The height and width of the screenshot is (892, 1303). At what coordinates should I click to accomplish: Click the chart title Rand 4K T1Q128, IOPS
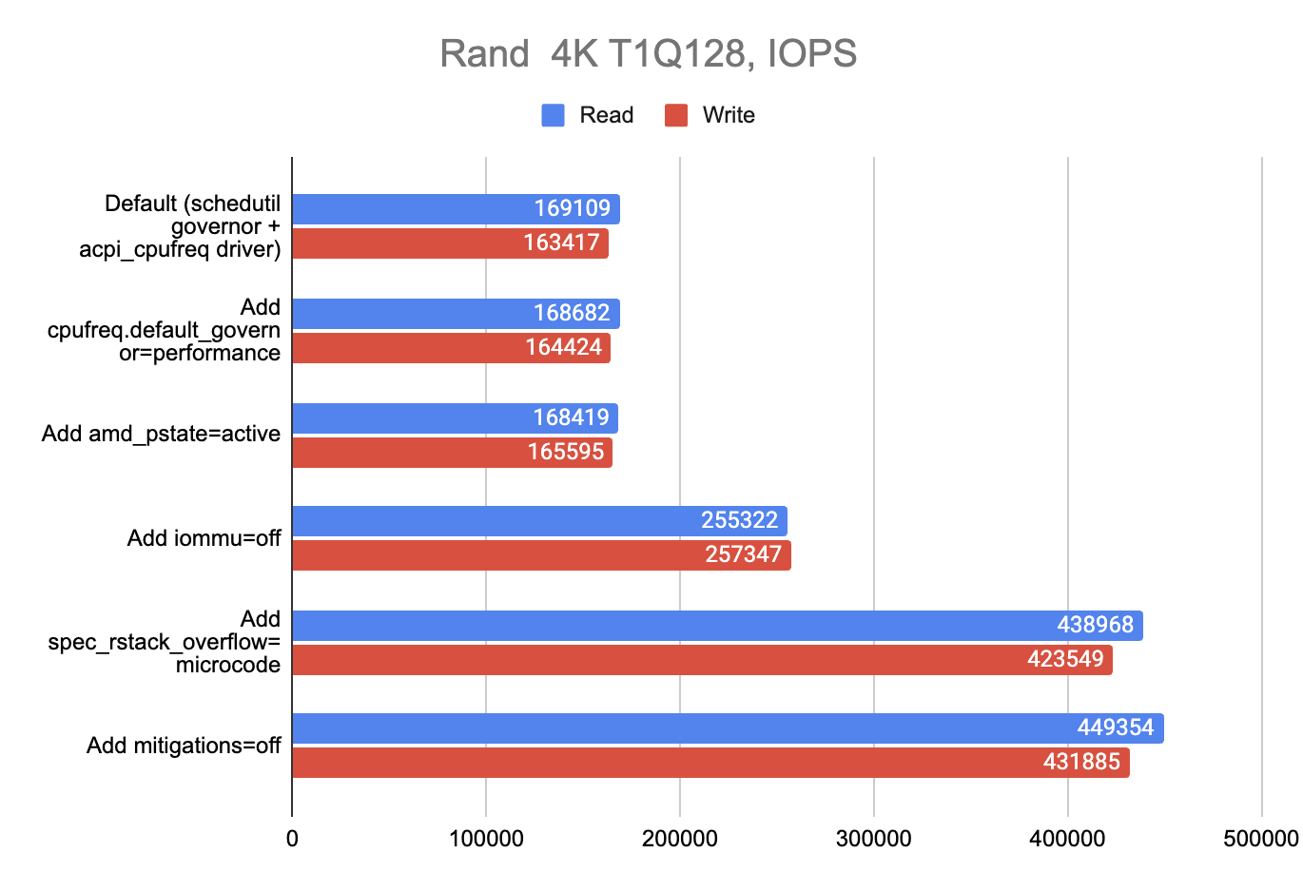tap(648, 53)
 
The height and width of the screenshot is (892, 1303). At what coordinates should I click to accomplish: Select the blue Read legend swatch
tap(554, 115)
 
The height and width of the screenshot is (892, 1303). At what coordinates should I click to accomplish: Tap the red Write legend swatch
tap(676, 115)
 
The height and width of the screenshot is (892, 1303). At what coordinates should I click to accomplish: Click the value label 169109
tap(572, 208)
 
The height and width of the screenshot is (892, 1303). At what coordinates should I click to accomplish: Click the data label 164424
tap(563, 347)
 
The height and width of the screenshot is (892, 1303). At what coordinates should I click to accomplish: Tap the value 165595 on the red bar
tap(566, 452)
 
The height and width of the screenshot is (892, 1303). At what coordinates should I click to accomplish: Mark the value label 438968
tap(1095, 625)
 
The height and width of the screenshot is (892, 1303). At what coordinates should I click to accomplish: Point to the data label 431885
tap(1081, 762)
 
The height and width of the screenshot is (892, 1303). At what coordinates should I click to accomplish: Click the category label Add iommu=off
tap(204, 538)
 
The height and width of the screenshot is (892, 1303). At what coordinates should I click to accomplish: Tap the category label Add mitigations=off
tap(184, 746)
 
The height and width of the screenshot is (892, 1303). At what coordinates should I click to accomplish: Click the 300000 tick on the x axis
tap(873, 839)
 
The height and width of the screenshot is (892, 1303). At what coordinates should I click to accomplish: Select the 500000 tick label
tap(1261, 839)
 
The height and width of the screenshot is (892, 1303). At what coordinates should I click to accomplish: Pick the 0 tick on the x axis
tap(292, 839)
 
